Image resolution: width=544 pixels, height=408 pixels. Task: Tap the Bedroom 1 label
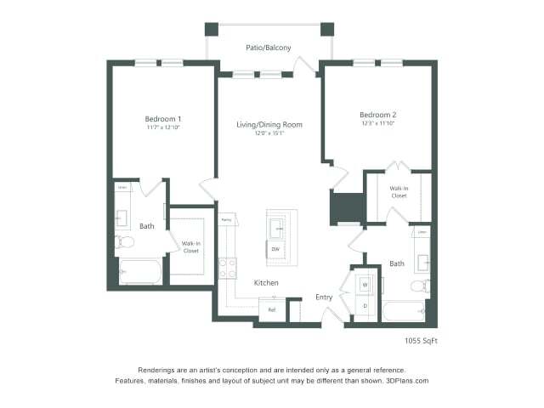coord(162,118)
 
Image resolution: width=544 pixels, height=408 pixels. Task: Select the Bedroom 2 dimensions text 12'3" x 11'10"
coord(378,123)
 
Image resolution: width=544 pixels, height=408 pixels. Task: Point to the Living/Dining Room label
coord(269,125)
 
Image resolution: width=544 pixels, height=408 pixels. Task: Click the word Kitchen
coord(266,282)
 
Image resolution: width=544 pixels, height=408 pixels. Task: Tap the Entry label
coord(324,297)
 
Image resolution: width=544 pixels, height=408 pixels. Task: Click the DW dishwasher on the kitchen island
coord(275,249)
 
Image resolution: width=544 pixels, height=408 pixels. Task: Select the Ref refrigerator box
coord(272,310)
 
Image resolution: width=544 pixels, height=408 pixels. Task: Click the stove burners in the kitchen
coord(227,269)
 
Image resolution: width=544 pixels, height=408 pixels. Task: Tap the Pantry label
coord(226,220)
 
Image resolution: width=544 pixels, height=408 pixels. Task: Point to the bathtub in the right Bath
coord(402,310)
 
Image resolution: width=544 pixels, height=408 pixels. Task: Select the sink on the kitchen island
coord(277,227)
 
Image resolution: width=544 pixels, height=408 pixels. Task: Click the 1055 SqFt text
coord(421,341)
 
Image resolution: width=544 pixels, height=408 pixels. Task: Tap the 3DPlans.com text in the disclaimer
coord(403,381)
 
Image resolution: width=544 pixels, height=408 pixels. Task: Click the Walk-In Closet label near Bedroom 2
coord(399,192)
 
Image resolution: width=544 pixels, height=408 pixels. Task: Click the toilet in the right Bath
coord(419,286)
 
